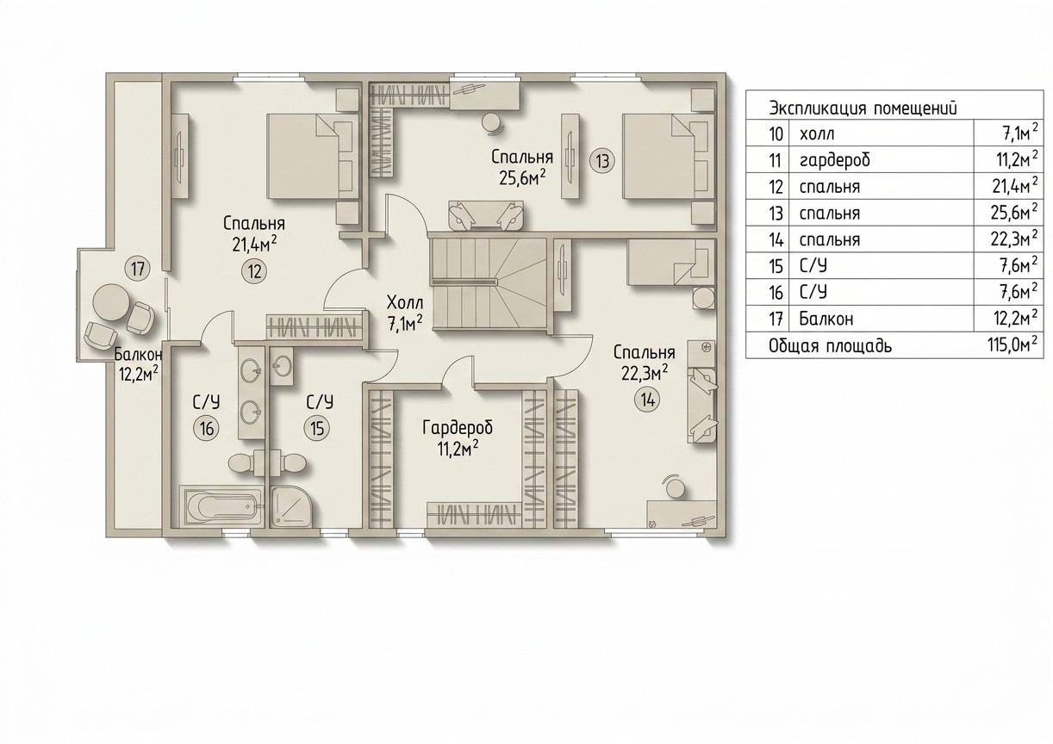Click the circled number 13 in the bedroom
point(602,161)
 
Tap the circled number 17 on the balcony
point(137,270)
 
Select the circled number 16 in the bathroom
point(206,428)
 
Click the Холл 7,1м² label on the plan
point(405,313)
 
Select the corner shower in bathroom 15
point(291,507)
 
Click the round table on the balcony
point(111,302)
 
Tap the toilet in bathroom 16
point(242,462)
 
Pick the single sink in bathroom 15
point(282,365)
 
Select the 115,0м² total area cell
point(1012,344)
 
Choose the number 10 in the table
point(776,133)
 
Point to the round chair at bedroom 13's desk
point(493,123)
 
